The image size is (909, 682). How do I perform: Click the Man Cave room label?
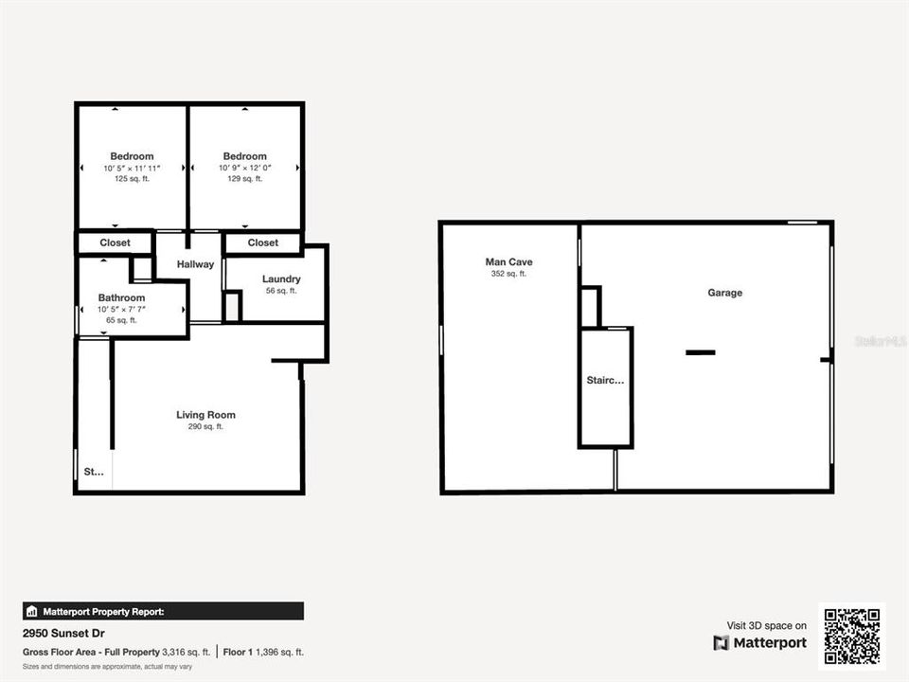[x=508, y=261]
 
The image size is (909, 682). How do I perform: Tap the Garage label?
[x=725, y=293]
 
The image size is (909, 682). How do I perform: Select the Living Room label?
[x=205, y=415]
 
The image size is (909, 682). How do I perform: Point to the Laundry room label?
[x=281, y=279]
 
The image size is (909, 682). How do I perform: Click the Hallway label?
[x=195, y=264]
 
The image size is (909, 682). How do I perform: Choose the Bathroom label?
[x=121, y=297]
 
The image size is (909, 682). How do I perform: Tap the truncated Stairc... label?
[x=605, y=381]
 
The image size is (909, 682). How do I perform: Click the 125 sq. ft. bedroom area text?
[x=132, y=179]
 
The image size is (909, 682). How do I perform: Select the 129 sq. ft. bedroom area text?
[x=244, y=179]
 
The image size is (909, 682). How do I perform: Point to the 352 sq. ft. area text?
[x=508, y=274]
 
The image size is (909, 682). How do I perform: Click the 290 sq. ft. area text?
[x=205, y=427]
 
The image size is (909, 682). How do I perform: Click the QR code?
[x=852, y=636]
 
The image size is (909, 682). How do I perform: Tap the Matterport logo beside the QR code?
[x=760, y=643]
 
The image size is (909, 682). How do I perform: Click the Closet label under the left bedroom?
[x=115, y=242]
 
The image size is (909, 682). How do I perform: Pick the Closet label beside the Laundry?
[x=263, y=242]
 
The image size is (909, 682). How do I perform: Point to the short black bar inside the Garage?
[x=701, y=352]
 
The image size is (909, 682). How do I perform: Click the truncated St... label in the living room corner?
[x=94, y=471]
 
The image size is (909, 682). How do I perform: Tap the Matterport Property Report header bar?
[x=163, y=611]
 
